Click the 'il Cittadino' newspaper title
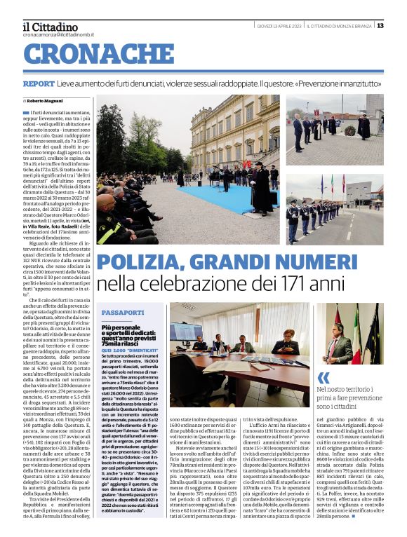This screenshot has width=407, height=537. (x=51, y=26)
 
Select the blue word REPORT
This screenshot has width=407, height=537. (x=38, y=83)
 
